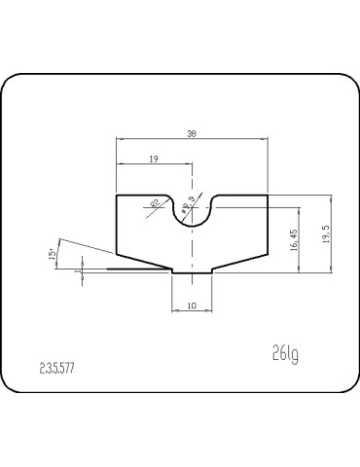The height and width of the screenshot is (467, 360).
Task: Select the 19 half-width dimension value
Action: [155, 158]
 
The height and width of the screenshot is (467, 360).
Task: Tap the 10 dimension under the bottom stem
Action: [192, 305]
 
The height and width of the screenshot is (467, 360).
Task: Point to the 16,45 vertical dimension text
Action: [294, 240]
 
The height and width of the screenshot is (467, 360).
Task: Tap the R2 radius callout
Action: [154, 203]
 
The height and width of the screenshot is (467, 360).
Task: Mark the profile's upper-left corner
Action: [117, 196]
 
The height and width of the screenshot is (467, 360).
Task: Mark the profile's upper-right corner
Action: [268, 196]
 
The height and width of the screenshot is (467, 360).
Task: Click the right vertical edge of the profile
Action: [268, 224]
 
